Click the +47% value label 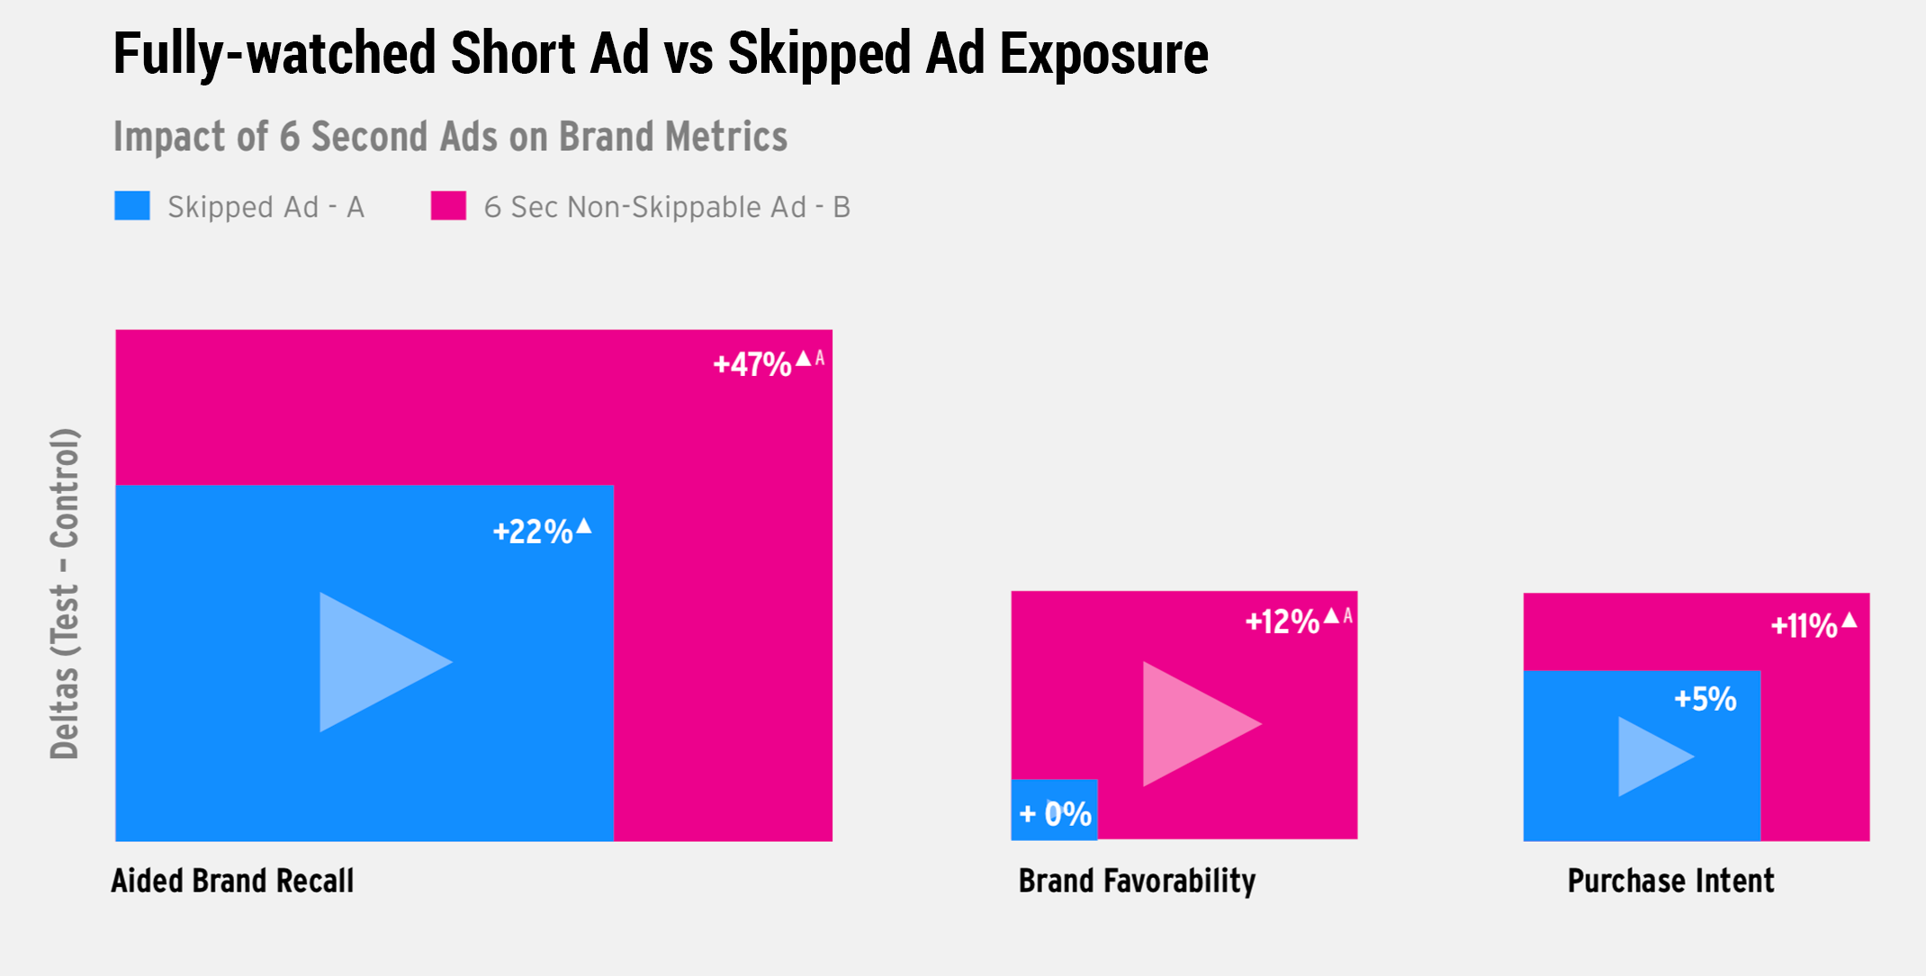coord(752,364)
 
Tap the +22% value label coord(533,532)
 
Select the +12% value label coord(1282,622)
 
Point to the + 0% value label coord(1055,814)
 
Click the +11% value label coord(1804,626)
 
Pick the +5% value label coord(1705,699)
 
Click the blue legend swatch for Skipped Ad coord(132,206)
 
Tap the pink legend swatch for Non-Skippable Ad coord(448,206)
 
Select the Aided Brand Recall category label coord(232,881)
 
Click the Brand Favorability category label coord(1137,881)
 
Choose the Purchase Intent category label coord(1670,881)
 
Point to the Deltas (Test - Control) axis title coord(65,594)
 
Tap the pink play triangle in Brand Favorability coord(1193,724)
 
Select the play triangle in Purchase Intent coord(1650,757)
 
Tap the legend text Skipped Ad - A coord(265,208)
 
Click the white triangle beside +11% coord(1849,620)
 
